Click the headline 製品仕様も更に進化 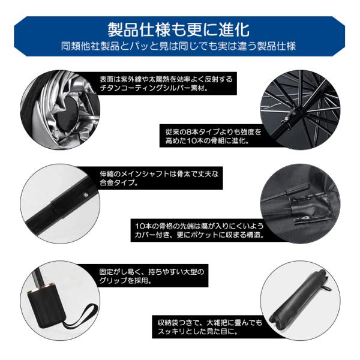tap(179, 29)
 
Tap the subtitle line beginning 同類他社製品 tap(178, 46)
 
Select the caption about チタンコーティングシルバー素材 tap(166, 83)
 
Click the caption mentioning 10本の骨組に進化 tap(213, 136)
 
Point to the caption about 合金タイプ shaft tap(159, 178)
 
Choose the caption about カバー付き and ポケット tap(199, 230)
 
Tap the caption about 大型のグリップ tap(152, 276)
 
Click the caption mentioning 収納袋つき tap(210, 327)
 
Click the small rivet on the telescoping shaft tap(86, 194)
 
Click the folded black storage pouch tap(298, 298)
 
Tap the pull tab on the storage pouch tap(329, 289)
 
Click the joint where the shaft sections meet tap(53, 208)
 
